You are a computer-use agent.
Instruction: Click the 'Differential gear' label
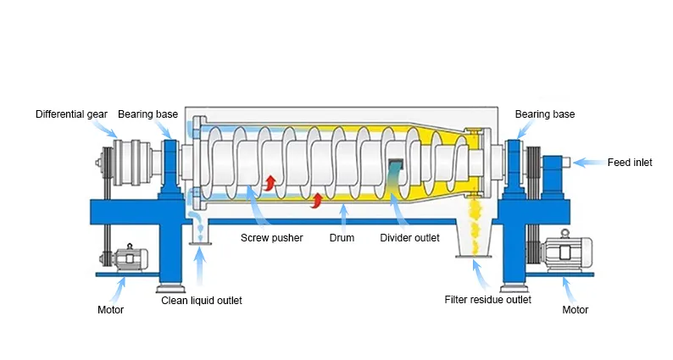pyautogui.click(x=71, y=114)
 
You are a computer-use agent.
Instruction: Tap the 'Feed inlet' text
pyautogui.click(x=630, y=163)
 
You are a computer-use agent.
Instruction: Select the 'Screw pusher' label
pyautogui.click(x=272, y=238)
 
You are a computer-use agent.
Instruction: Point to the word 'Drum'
pyautogui.click(x=342, y=238)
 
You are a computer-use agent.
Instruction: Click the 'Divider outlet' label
pyautogui.click(x=409, y=238)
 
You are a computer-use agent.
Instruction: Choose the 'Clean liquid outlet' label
pyautogui.click(x=201, y=301)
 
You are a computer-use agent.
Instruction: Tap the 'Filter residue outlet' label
pyautogui.click(x=487, y=300)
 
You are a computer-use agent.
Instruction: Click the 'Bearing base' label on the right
pyautogui.click(x=545, y=114)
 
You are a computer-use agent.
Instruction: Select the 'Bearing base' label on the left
pyautogui.click(x=147, y=114)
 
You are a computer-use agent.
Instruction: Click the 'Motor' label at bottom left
pyautogui.click(x=110, y=310)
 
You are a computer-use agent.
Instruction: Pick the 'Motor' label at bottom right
pyautogui.click(x=576, y=310)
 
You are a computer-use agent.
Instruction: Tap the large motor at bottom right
pyautogui.click(x=565, y=251)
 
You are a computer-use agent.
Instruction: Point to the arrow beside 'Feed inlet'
pyautogui.click(x=588, y=163)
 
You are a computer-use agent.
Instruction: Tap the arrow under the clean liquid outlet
pyautogui.click(x=199, y=268)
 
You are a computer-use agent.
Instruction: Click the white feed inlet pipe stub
pyautogui.click(x=566, y=162)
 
